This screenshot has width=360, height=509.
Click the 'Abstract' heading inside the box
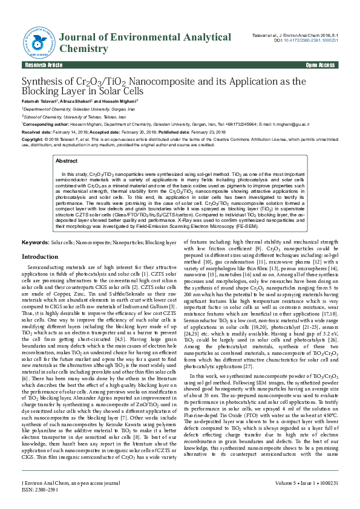point(66,161)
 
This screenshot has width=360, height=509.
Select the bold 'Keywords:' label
point(36,242)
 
